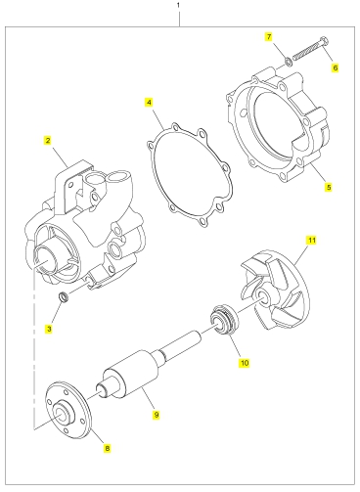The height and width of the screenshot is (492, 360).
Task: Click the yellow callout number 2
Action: (x=48, y=141)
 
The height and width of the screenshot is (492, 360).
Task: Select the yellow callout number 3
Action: (x=49, y=329)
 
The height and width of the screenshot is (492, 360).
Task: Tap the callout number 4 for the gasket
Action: (x=149, y=103)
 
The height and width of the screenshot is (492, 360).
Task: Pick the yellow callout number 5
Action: (x=329, y=187)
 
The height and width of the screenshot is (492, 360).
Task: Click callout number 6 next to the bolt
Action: (x=335, y=67)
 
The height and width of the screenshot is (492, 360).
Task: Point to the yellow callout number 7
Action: (x=269, y=37)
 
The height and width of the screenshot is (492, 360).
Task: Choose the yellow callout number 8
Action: (x=108, y=448)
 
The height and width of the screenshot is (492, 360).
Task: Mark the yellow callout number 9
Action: (x=157, y=415)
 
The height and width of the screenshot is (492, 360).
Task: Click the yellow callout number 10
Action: (x=245, y=363)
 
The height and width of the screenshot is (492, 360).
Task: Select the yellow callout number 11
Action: (x=312, y=240)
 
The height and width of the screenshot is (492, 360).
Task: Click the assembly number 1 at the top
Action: (x=178, y=5)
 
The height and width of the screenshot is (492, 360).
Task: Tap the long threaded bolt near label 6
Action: (x=311, y=49)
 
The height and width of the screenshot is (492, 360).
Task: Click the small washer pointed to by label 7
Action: (x=288, y=61)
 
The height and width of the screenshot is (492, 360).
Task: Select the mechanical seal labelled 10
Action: (x=223, y=320)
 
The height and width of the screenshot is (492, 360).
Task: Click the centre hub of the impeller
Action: (x=262, y=294)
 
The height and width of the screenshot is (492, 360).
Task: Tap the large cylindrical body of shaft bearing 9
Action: (x=130, y=373)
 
